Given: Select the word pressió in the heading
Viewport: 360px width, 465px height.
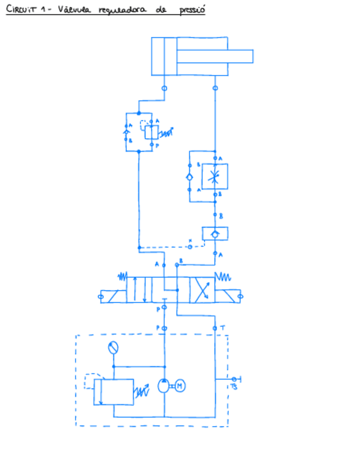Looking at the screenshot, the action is coord(192,11).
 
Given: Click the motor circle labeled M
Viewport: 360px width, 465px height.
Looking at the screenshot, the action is coord(180,386).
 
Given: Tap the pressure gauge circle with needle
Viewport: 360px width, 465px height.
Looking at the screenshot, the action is coord(113,348).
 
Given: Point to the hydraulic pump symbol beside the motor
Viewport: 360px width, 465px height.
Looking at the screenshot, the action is coord(164,386).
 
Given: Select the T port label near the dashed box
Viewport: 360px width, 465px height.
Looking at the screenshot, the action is coord(223,327).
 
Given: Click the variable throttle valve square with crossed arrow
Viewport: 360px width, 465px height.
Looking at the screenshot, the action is coord(215,177).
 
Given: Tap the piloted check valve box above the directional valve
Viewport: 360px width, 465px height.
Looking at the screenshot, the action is coord(215,234).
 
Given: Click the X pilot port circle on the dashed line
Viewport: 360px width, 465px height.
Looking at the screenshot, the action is coord(190,247).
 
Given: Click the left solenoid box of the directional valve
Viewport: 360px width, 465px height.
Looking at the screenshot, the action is coord(113,296).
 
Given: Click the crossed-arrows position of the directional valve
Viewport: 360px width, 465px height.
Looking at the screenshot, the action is coord(201,290).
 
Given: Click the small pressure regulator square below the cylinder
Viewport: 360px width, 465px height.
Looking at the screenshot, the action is coord(151,132).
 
